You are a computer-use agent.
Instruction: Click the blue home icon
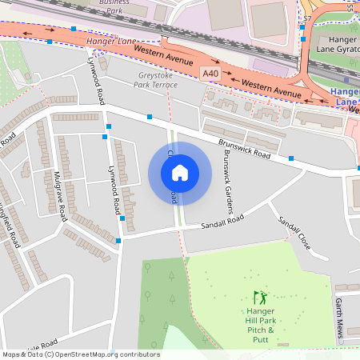click(x=179, y=172)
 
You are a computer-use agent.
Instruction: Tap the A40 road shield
click(x=210, y=73)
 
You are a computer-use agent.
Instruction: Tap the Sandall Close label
click(x=293, y=231)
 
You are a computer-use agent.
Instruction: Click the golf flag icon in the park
click(x=258, y=296)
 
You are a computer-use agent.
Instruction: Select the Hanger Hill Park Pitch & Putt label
click(x=260, y=325)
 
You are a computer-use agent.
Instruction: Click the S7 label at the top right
click(x=307, y=18)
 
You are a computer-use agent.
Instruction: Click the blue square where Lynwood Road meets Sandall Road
click(x=118, y=240)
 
